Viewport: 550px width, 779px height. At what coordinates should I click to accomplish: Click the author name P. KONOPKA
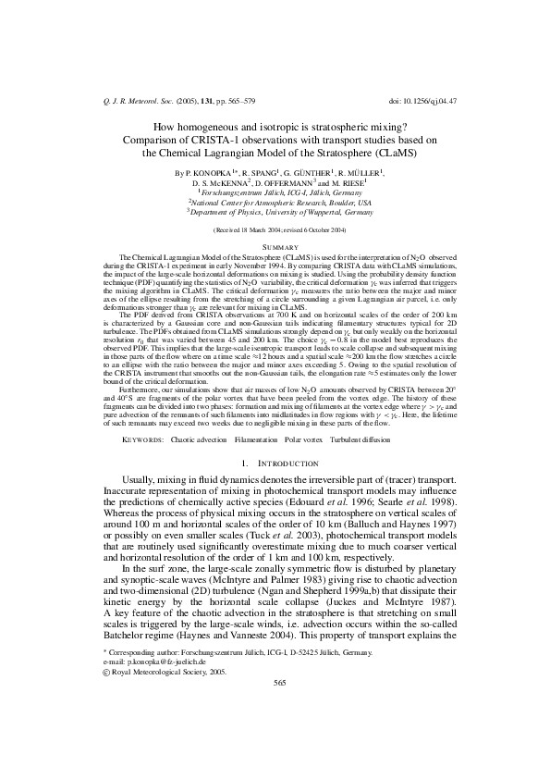click(x=214, y=173)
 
